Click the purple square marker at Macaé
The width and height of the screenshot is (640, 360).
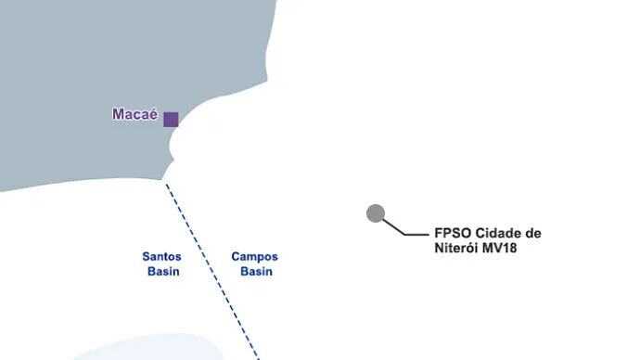point(171,120)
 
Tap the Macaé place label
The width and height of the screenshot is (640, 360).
point(135,114)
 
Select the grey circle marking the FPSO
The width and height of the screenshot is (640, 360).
point(376,213)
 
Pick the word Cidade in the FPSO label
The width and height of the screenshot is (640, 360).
point(497,234)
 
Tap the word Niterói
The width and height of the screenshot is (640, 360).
point(456,248)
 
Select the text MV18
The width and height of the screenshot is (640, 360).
point(500,248)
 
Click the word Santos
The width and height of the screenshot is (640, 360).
point(161,257)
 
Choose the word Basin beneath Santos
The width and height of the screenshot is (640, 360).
point(163,272)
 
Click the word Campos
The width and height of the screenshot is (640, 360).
point(255,257)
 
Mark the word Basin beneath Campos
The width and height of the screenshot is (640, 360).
point(256,272)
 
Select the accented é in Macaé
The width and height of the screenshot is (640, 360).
point(153,114)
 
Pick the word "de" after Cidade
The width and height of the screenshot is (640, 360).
point(532,234)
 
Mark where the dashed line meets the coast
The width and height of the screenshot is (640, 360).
point(165,182)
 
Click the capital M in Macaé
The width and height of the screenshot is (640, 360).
point(119,114)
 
